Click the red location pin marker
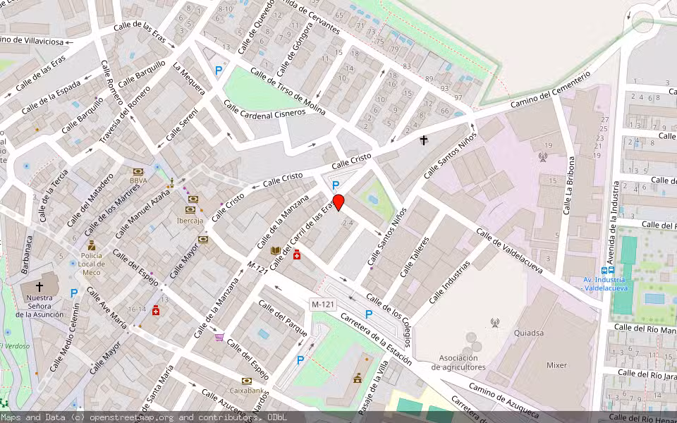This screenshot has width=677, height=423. [x=338, y=202]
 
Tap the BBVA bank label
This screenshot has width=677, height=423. [x=138, y=180]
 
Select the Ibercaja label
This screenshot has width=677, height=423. [x=190, y=220]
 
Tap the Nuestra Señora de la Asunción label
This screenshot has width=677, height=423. [x=40, y=306]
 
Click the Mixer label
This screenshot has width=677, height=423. [x=557, y=365]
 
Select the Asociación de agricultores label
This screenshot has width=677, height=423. [x=459, y=362]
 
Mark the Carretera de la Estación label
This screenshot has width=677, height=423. [x=376, y=338]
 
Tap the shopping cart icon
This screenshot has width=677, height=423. [x=219, y=337]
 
